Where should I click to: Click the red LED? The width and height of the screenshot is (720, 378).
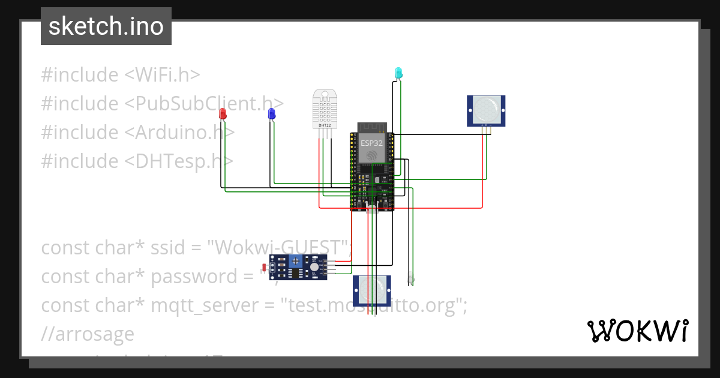pyautogui.click(x=223, y=113)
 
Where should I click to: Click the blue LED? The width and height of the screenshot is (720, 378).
pyautogui.click(x=271, y=113)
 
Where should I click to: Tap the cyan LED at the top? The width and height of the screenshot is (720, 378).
pyautogui.click(x=398, y=73)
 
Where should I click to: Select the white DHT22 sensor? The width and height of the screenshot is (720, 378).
pyautogui.click(x=325, y=109)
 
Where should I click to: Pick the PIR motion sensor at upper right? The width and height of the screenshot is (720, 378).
pyautogui.click(x=487, y=110)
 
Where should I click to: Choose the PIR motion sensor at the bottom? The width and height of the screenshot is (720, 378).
pyautogui.click(x=372, y=290)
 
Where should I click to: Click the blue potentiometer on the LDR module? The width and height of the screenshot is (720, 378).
pyautogui.click(x=295, y=261)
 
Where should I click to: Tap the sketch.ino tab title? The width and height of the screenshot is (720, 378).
pyautogui.click(x=106, y=26)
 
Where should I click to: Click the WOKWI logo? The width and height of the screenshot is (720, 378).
pyautogui.click(x=637, y=331)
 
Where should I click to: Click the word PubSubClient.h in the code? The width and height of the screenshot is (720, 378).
pyautogui.click(x=204, y=104)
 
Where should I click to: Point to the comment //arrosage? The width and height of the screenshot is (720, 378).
pyautogui.click(x=88, y=334)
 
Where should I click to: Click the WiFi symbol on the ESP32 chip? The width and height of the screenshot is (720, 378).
pyautogui.click(x=371, y=155)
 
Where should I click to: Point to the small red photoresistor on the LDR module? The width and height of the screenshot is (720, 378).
pyautogui.click(x=265, y=267)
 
